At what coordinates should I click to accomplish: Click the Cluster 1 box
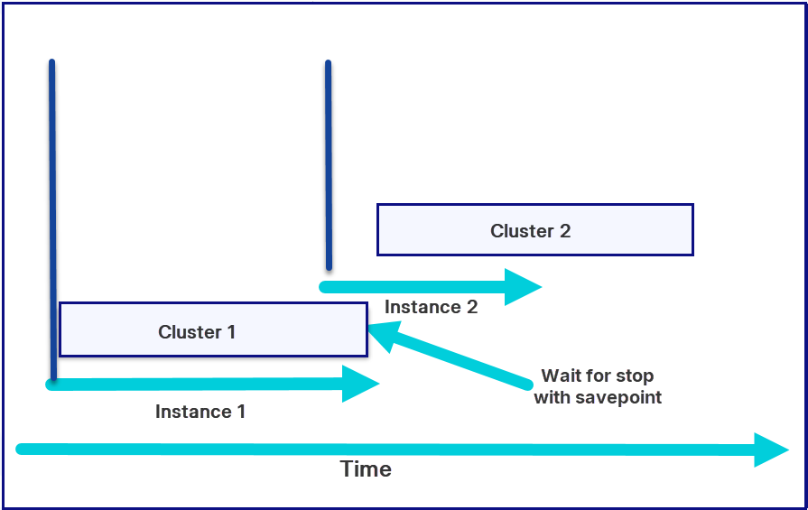pos(212,329)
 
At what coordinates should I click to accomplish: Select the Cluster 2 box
pos(534,229)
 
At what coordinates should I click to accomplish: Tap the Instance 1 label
pos(200,412)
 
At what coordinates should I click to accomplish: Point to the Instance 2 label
pos(431,307)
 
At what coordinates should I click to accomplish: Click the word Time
pos(366,469)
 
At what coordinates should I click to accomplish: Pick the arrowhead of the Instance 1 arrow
pos(360,384)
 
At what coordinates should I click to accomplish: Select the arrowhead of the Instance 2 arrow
pos(523,287)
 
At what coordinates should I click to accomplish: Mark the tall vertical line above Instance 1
pos(52,217)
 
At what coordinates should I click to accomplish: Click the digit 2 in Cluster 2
pos(564,231)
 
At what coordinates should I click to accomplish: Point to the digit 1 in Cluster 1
pos(231,332)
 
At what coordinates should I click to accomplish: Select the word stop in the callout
pos(635,376)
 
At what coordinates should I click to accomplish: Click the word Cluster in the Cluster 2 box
pos(521,231)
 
